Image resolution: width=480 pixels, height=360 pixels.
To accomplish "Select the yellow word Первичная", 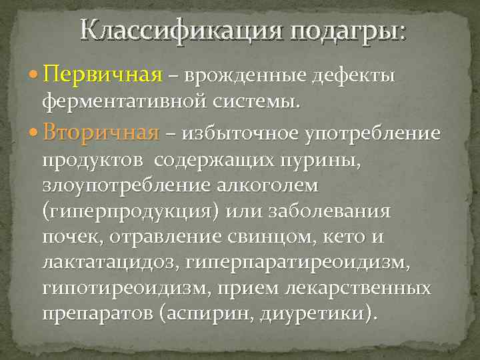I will (x=103, y=77).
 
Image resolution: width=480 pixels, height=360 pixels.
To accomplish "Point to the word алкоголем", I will (x=267, y=187).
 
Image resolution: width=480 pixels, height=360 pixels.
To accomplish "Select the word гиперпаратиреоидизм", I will (x=297, y=263).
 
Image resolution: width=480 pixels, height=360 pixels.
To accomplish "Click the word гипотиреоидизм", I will (x=117, y=289).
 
